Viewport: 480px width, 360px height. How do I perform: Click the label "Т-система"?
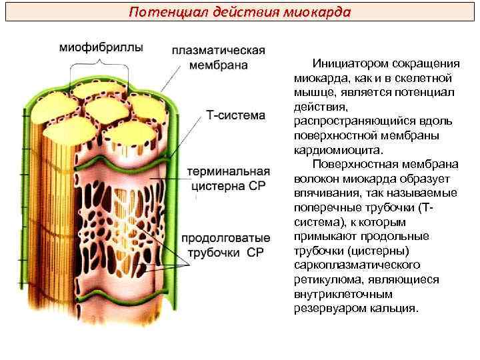coord(235,115)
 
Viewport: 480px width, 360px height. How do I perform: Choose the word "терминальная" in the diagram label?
coord(227,171)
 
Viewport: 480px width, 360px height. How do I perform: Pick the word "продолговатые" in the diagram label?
coord(225,238)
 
